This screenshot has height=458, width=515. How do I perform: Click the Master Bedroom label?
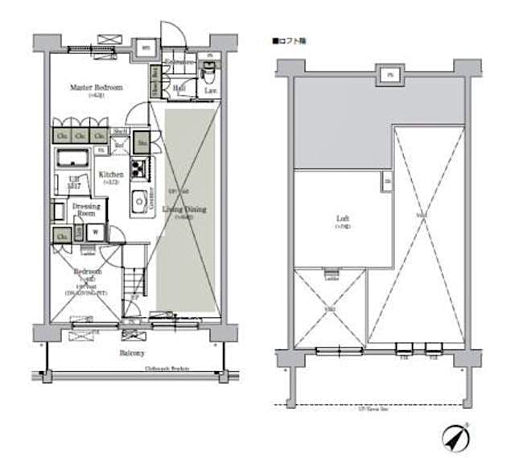tap(96, 87)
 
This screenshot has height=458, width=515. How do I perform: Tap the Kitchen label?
tap(111, 175)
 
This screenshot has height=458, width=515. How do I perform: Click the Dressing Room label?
tap(86, 209)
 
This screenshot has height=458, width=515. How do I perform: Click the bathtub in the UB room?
tap(75, 155)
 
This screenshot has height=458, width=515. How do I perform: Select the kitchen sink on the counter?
tap(138, 200)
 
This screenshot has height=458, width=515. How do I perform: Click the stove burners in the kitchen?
tap(138, 169)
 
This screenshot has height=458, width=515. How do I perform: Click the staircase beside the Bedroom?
tap(134, 285)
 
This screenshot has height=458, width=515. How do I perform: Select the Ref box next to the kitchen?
tap(120, 146)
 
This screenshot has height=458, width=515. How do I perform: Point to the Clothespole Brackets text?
tap(167, 369)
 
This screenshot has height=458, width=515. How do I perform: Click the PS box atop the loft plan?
tap(389, 76)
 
